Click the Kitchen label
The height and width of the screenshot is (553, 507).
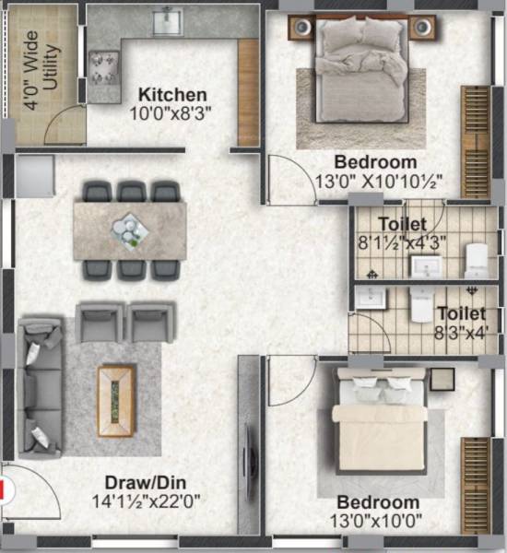coord(172,94)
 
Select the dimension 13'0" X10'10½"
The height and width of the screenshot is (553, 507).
coord(383,182)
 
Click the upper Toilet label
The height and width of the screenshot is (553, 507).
coord(403,224)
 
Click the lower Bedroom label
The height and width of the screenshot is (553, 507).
coord(378,502)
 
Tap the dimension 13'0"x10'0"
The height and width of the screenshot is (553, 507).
coord(378,522)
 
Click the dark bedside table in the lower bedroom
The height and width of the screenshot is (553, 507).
coord(442,378)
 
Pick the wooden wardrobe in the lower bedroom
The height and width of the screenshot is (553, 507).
coord(475,473)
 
